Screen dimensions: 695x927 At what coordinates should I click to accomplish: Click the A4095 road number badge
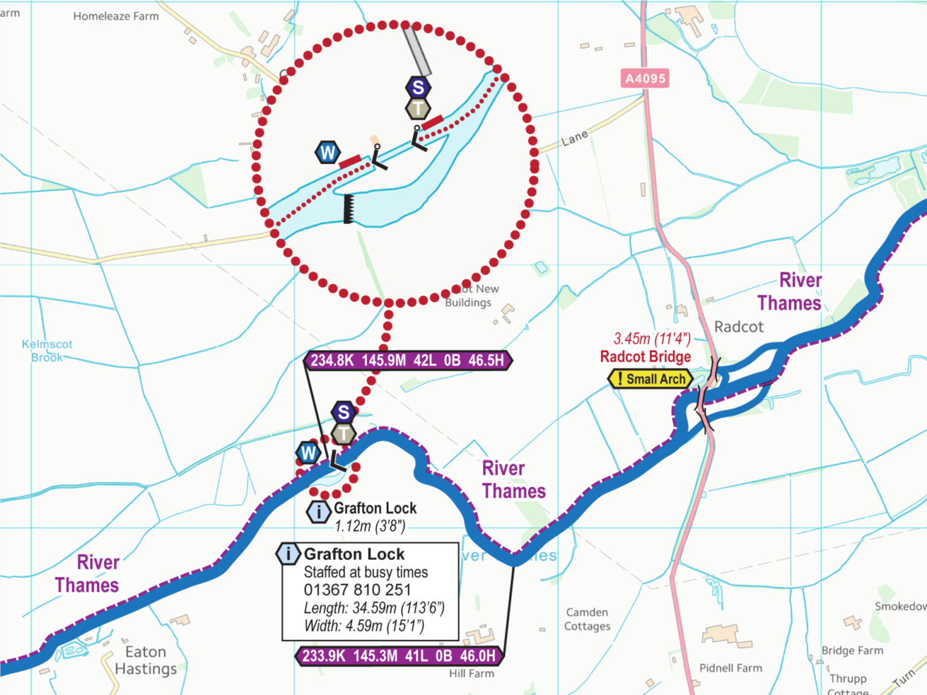point(645,78)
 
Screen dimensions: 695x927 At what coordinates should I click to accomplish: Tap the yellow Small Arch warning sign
point(650,379)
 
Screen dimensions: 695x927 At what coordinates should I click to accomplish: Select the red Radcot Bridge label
point(645,357)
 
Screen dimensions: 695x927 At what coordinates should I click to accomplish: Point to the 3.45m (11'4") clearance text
point(652,338)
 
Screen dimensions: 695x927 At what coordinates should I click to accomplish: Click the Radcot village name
point(739,327)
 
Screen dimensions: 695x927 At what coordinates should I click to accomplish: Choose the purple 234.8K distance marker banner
point(407,361)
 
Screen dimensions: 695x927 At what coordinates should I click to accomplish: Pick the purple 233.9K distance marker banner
point(399,656)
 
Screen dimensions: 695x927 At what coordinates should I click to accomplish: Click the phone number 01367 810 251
point(357,590)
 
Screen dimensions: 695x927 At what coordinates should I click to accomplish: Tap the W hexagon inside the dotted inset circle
point(328,153)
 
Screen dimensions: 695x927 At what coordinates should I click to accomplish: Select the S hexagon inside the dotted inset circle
point(418,87)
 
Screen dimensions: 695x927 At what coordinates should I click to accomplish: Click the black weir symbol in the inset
point(348,209)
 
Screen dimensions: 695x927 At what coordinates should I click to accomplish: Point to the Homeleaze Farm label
point(116,16)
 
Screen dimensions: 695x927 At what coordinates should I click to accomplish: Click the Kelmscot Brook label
point(46,351)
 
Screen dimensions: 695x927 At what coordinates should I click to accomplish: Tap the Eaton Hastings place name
point(145,661)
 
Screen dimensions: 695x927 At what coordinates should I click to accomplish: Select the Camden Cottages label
point(587,619)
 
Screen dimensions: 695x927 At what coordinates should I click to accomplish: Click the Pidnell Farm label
point(730,668)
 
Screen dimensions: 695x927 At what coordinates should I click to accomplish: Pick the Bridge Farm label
point(852,650)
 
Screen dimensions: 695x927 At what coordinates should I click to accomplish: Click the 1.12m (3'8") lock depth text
point(370,526)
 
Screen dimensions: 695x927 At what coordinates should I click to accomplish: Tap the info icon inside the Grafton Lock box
point(288,553)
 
